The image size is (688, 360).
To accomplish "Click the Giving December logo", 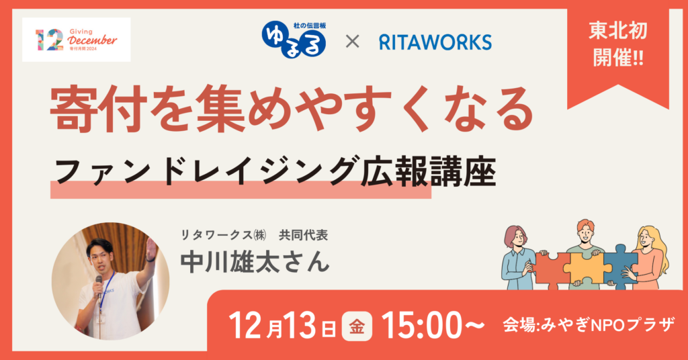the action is point(77,40).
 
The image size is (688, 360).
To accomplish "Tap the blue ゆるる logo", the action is point(294,40).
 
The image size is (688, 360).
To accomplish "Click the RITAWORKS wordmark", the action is point(435,42).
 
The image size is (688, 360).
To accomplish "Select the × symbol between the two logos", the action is point(352,42).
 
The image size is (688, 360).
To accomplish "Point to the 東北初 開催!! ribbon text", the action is point(618,44).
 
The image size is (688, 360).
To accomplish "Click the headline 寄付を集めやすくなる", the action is point(292,109).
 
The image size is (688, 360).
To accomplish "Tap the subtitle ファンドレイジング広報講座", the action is point(275,171).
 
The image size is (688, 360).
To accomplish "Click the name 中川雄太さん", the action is point(255,261).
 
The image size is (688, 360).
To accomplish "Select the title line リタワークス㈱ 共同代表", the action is point(255,236).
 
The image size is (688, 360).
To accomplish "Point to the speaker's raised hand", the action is point(150,250).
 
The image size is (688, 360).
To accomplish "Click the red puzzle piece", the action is point(551,268).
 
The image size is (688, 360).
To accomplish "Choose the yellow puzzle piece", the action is point(587,267).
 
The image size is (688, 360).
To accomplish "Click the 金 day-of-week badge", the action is point(357,326).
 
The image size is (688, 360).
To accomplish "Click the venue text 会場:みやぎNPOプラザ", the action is point(589,326).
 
